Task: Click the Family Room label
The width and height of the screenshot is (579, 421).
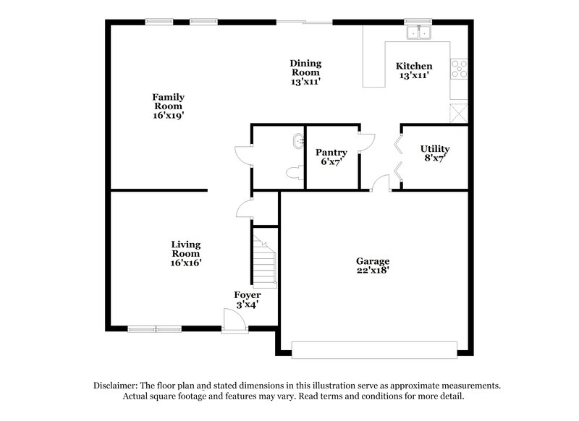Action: tap(168, 102)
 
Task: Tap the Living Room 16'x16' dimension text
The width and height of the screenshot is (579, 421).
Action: tap(186, 263)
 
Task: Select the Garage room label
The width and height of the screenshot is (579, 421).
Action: tap(373, 261)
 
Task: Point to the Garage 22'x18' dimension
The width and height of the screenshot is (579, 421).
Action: tap(373, 271)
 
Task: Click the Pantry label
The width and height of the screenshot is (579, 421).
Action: tap(331, 153)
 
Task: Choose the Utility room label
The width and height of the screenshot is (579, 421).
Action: tap(435, 149)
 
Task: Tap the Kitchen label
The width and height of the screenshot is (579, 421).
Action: tap(414, 66)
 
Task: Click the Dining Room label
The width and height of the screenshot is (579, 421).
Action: tap(305, 68)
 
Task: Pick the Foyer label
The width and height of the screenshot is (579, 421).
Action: tap(247, 295)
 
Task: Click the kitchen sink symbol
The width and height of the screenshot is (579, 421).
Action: tap(418, 32)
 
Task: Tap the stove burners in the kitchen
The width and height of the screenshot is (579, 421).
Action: tap(459, 69)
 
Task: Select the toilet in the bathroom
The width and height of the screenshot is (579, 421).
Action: tap(294, 173)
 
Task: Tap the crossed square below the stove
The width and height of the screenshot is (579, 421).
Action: tap(459, 113)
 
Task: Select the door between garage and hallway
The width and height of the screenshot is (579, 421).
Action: tap(380, 184)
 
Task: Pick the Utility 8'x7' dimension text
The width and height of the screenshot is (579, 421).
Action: tap(435, 159)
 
